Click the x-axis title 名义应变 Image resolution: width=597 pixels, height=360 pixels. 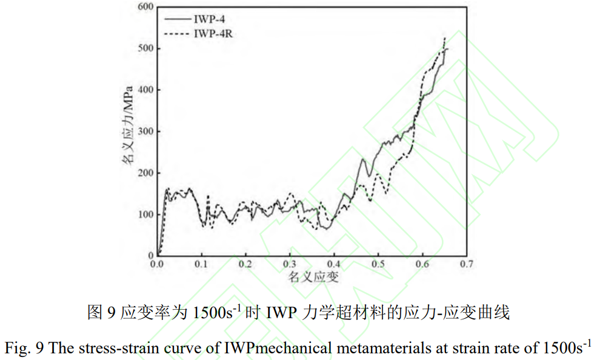pyautogui.click(x=313, y=278)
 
